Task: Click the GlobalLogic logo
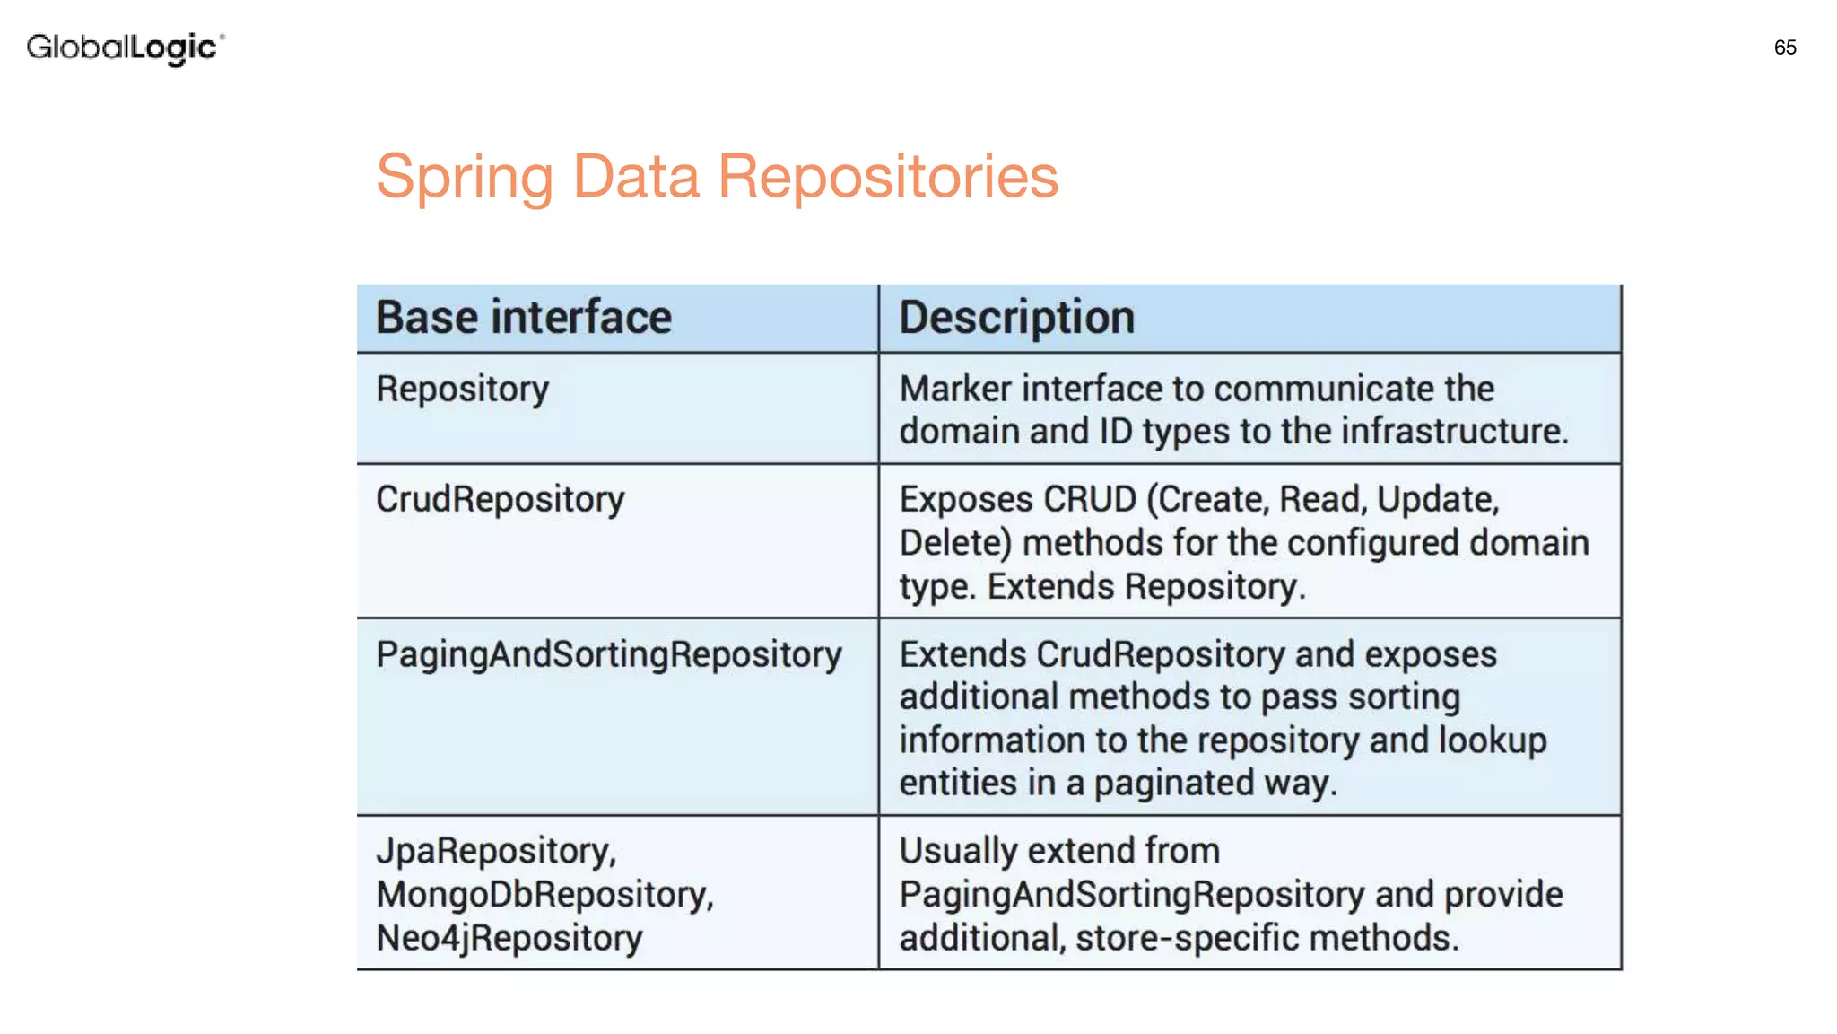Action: point(125,48)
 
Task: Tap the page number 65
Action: point(1784,48)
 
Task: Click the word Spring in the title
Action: point(465,178)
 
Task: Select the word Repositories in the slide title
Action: point(888,176)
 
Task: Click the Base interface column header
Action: point(523,318)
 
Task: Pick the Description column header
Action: point(1016,318)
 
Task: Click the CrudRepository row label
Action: point(500,500)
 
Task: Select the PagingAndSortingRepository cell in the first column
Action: point(608,655)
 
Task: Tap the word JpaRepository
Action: point(495,851)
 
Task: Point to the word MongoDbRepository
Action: point(544,895)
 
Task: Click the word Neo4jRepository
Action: point(509,938)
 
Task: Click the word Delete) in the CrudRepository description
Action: point(955,543)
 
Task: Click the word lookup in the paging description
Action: point(1493,740)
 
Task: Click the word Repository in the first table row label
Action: point(462,390)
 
